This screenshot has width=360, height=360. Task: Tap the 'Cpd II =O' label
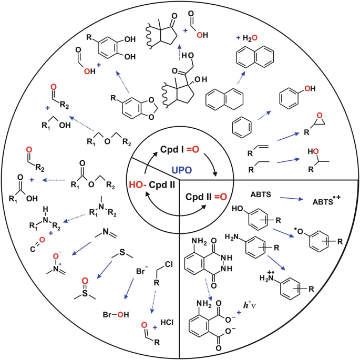tap(208, 197)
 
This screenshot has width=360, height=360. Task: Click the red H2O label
tap(247, 37)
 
